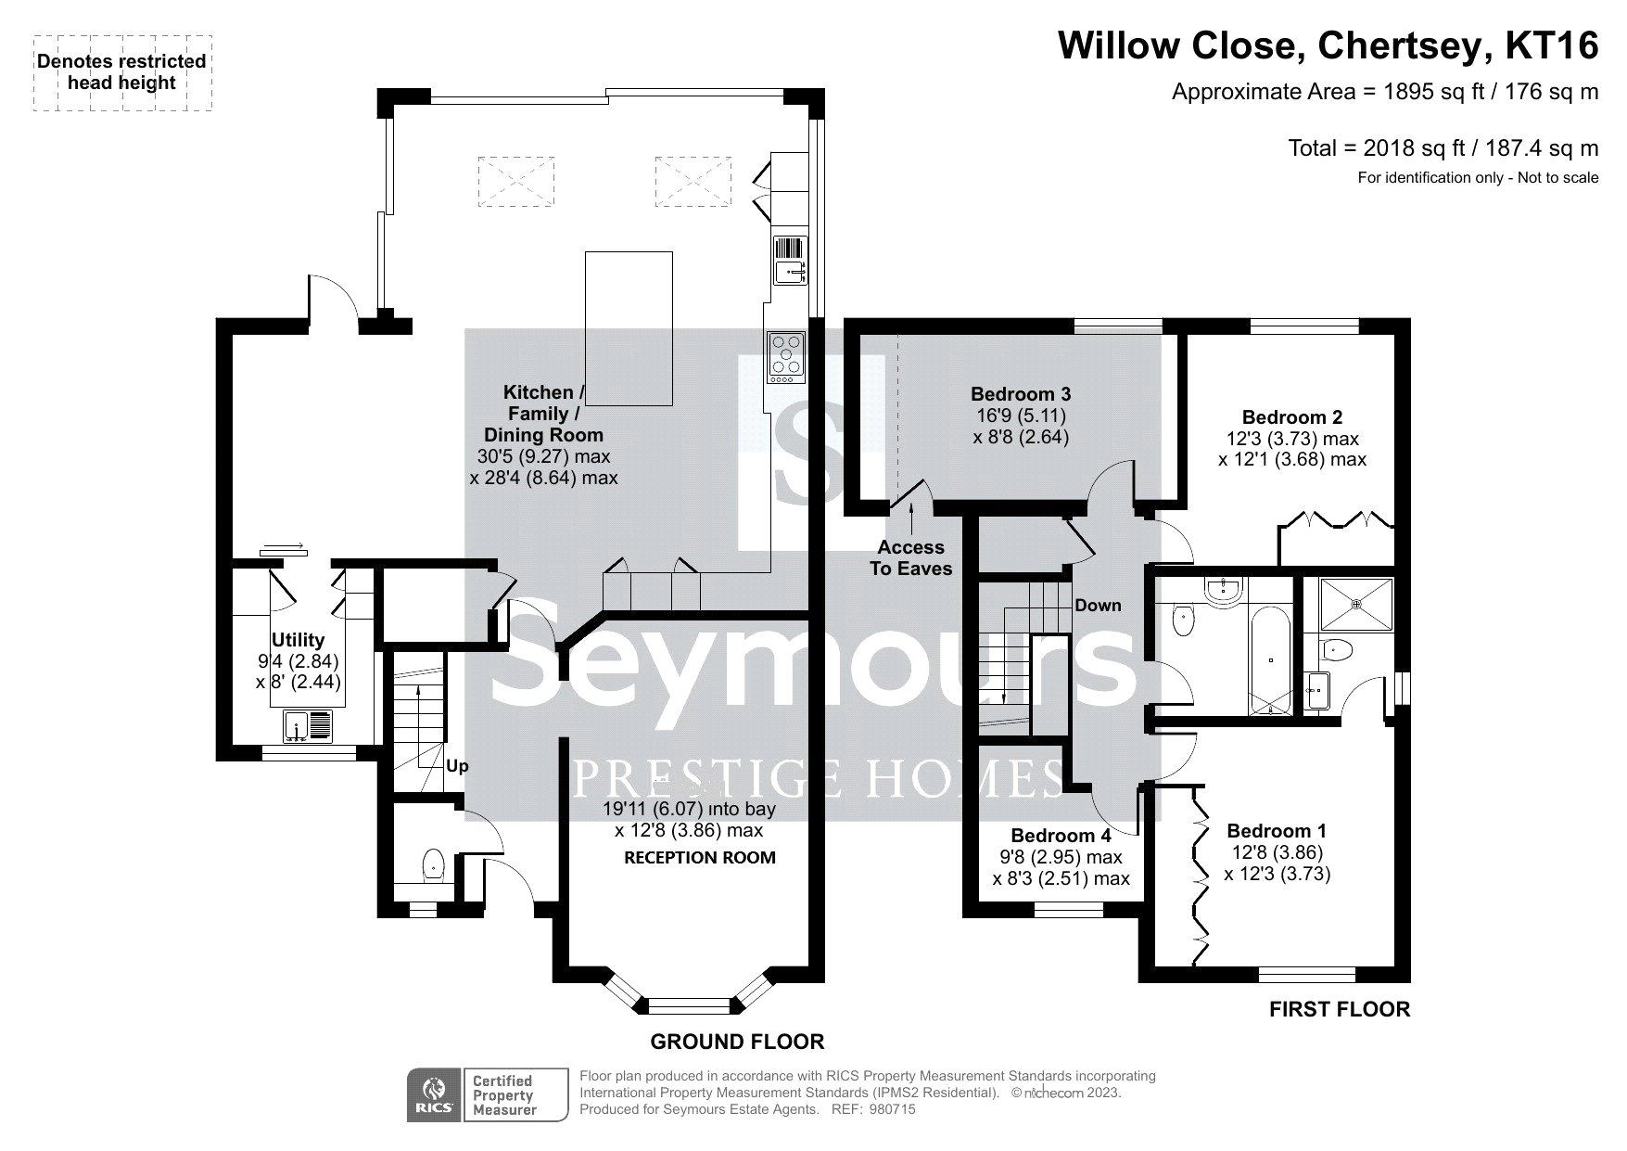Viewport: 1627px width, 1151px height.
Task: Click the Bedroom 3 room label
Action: pyautogui.click(x=1021, y=394)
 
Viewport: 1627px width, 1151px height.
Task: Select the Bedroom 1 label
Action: pyautogui.click(x=1277, y=831)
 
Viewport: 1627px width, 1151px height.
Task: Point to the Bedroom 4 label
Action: pyautogui.click(x=1061, y=836)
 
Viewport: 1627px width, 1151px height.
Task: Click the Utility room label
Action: pyautogui.click(x=298, y=640)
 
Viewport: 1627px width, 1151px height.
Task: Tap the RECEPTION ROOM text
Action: pyautogui.click(x=700, y=858)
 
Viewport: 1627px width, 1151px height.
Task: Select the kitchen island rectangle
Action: pyautogui.click(x=629, y=328)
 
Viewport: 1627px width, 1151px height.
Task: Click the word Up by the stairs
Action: pyautogui.click(x=457, y=766)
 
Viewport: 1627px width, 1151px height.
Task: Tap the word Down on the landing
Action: pyautogui.click(x=1098, y=606)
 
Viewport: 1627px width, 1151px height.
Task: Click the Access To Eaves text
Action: pyautogui.click(x=910, y=557)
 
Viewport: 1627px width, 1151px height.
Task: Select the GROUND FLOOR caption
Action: pyautogui.click(x=737, y=1042)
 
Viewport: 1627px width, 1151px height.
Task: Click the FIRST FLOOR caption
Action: pyautogui.click(x=1340, y=1009)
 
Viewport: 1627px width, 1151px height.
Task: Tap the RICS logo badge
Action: pyautogui.click(x=433, y=1095)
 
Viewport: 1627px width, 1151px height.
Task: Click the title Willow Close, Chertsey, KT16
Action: pyautogui.click(x=1328, y=45)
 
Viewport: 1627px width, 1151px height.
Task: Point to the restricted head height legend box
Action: pyautogui.click(x=123, y=73)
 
